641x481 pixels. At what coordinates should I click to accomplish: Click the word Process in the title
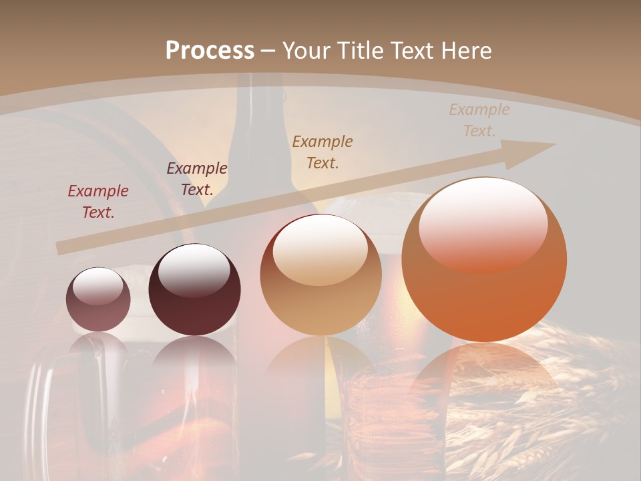point(210,50)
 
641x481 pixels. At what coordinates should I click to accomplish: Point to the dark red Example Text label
point(98,201)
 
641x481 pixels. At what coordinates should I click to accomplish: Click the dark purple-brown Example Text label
point(197,178)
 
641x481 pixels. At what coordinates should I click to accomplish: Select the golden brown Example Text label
point(323,152)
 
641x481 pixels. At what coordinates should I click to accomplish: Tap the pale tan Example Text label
point(479,120)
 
